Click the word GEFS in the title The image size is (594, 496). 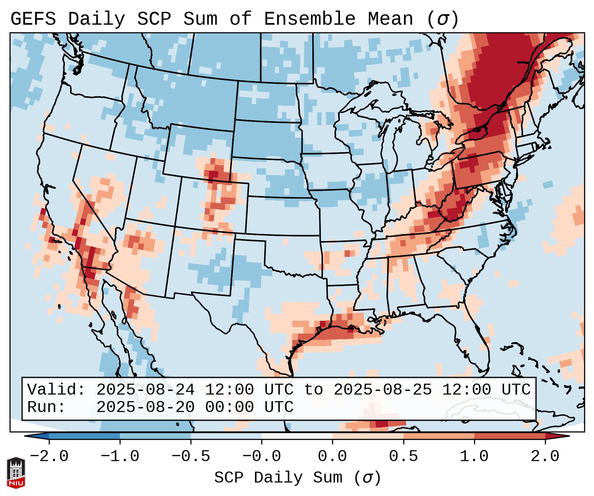[33, 19]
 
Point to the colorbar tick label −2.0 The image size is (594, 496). [49, 456]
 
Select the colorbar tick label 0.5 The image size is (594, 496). [403, 456]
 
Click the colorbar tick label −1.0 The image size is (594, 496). [120, 456]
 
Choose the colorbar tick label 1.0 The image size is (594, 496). [474, 456]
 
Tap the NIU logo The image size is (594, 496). [16, 473]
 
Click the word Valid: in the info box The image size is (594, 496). [56, 390]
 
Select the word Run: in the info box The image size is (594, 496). [46, 407]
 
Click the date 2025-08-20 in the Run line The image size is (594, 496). [145, 407]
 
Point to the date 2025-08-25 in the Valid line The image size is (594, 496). [382, 390]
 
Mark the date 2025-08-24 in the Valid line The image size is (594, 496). [145, 390]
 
